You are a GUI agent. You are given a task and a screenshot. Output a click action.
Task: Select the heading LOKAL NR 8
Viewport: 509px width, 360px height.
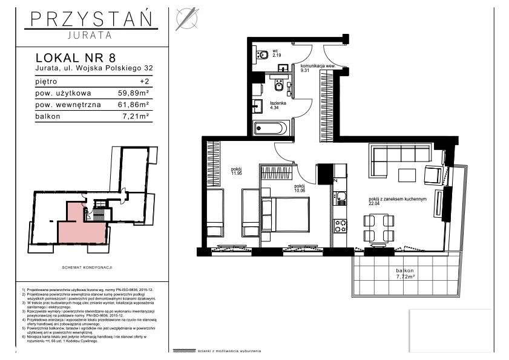coord(76,58)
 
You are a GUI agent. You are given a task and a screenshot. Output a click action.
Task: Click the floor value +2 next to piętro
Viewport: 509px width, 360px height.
coord(144,81)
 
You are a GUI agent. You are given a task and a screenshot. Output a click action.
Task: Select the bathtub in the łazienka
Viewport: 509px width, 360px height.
coord(272,128)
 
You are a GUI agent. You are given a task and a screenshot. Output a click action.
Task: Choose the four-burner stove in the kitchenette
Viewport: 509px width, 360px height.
coord(340,226)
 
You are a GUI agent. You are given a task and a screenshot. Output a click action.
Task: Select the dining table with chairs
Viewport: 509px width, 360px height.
coord(375,229)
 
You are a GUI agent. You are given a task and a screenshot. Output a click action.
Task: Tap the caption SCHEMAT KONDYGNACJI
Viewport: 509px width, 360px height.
coord(89,267)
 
